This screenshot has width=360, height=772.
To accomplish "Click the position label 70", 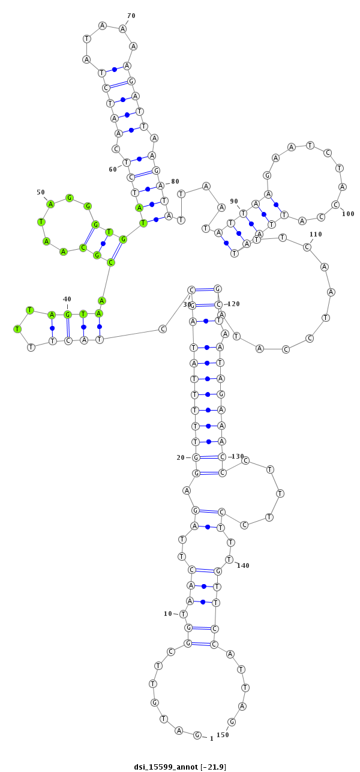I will point(131,16).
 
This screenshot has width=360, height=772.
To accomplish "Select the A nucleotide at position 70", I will point(122,28).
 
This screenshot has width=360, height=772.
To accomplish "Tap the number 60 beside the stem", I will point(113,169).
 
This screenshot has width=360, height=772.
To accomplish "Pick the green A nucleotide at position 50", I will point(50,204).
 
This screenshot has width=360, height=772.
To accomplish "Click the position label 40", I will point(67,299).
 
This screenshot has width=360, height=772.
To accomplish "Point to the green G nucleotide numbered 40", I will point(68,314).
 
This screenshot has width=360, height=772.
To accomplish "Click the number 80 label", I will point(175,181).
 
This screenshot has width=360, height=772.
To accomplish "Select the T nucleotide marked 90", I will point(243,213).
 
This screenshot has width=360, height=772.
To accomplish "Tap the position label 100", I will point(348,214).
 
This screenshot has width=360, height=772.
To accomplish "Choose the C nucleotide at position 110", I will point(307,247).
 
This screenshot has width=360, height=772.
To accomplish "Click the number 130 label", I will point(237,456).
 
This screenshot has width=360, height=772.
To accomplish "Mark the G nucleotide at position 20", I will point(196,457).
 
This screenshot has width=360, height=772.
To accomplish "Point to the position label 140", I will point(242,565).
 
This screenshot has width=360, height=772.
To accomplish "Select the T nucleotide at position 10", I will point(184,614).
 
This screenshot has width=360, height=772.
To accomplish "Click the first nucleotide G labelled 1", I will point(197,735).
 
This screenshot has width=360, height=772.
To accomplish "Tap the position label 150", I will point(223,735).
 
